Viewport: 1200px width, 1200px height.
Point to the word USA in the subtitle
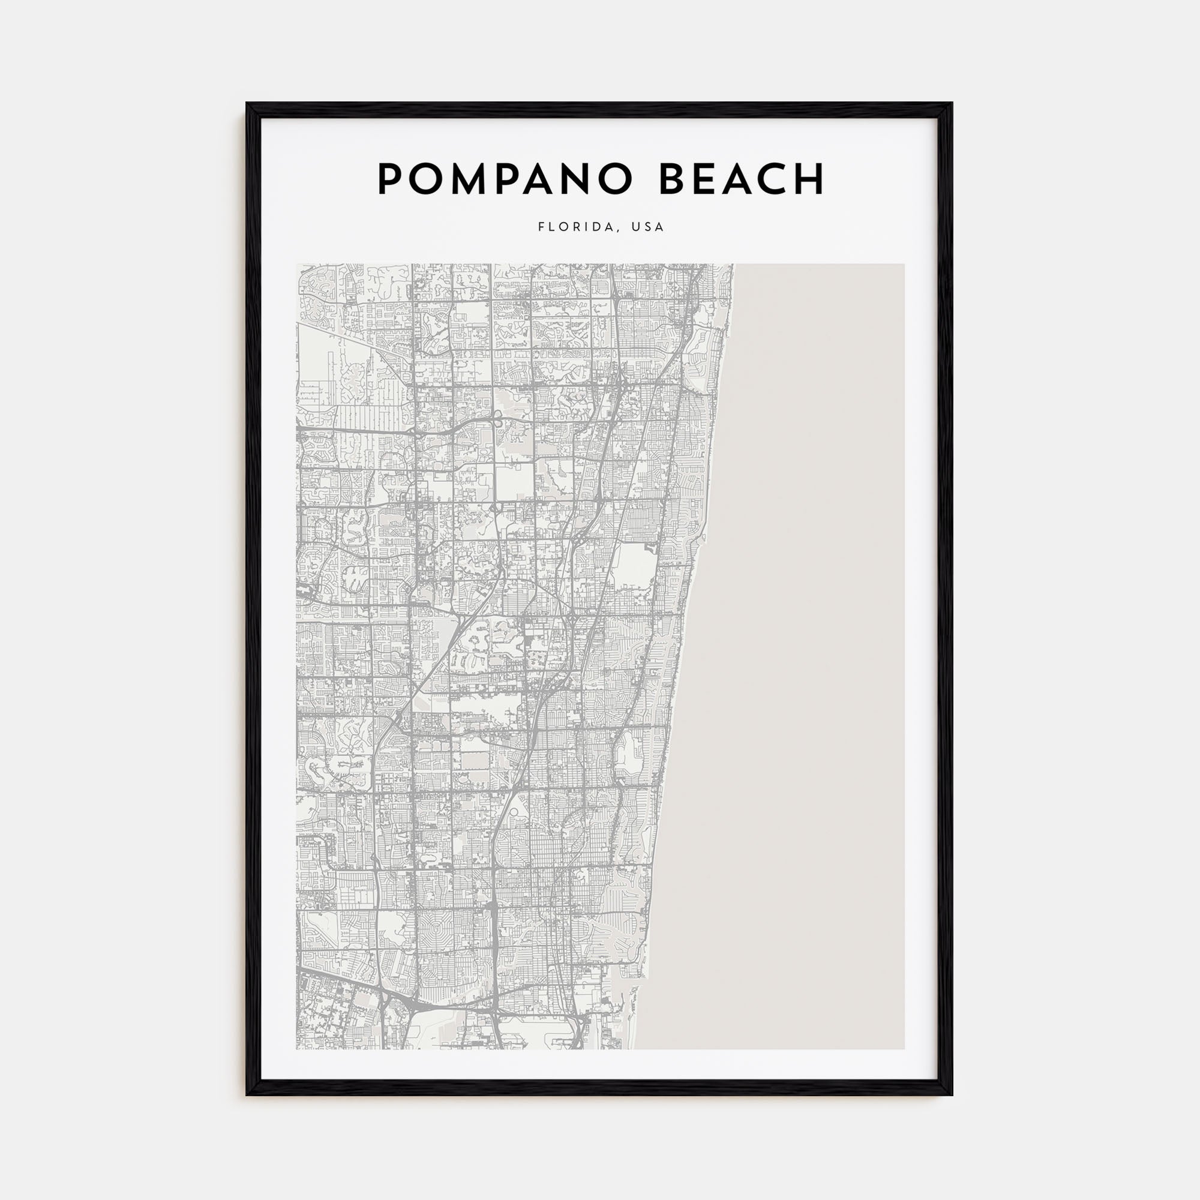(648, 227)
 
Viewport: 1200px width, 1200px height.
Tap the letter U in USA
(635, 227)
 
